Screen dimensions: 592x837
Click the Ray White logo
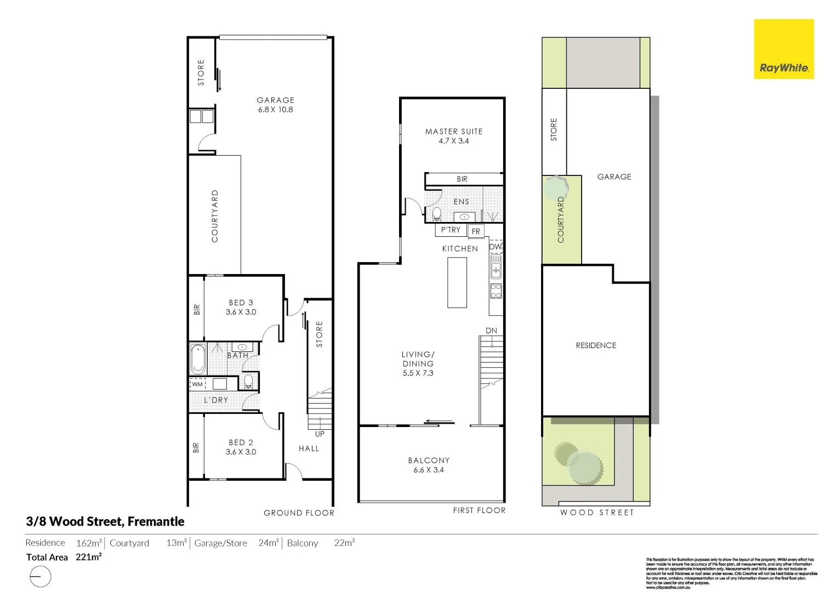(x=784, y=49)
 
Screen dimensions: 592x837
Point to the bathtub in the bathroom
(x=198, y=358)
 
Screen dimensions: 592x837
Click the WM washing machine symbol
(x=197, y=384)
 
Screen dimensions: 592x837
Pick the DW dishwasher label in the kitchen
(x=496, y=247)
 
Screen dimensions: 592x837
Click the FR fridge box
(x=476, y=231)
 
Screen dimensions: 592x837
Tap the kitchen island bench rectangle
(x=457, y=282)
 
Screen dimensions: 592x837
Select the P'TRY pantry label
(x=451, y=230)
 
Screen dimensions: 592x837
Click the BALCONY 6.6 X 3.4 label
(x=429, y=465)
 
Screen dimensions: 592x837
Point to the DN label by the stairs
(x=491, y=331)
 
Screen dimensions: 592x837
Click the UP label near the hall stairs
(x=320, y=434)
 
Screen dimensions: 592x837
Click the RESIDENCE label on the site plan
(x=596, y=345)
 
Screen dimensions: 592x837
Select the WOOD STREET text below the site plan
(x=597, y=513)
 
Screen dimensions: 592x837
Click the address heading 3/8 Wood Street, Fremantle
(x=105, y=521)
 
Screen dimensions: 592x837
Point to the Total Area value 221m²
(x=89, y=557)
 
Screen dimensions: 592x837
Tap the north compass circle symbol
(x=40, y=577)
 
